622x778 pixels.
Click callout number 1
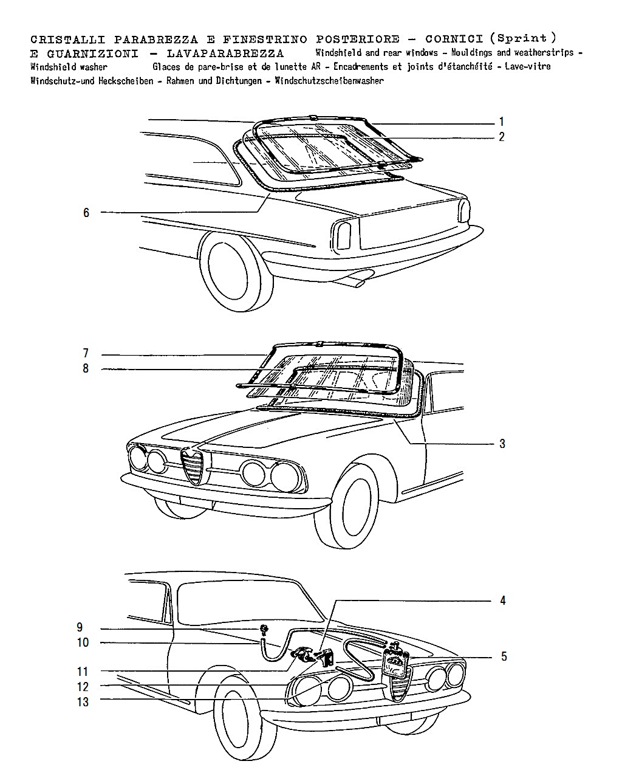501,122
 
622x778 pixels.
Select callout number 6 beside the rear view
86,213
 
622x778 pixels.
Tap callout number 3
502,444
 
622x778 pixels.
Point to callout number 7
86,353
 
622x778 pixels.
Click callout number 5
504,656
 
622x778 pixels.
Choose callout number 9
80,627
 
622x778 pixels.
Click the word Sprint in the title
522,38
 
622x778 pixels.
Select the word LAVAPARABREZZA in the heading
225,54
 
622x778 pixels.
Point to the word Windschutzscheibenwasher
329,81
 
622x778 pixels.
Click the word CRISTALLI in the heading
67,39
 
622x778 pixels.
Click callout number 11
83,672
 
